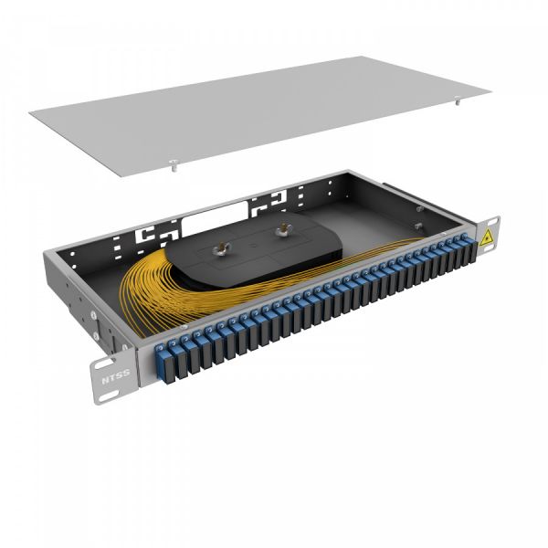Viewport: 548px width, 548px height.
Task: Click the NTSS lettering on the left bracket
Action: coord(114,374)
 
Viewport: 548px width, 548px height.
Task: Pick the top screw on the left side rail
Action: coord(94,311)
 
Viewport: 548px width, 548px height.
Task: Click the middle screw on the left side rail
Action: coord(98,327)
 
